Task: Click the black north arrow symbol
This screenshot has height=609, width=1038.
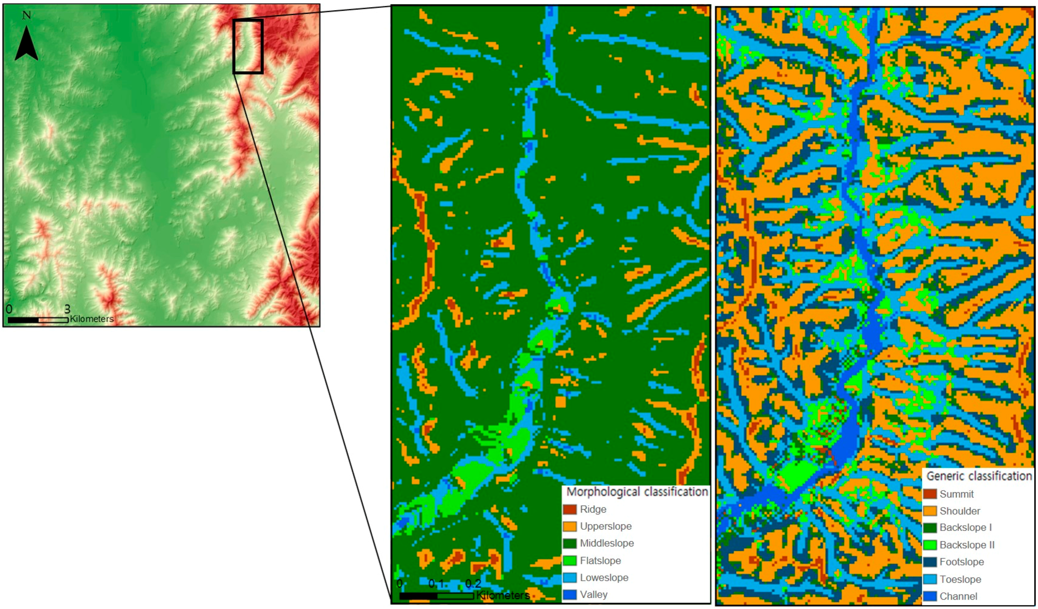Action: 26,44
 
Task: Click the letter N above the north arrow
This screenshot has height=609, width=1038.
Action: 26,16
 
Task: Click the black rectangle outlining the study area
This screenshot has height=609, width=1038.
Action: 248,46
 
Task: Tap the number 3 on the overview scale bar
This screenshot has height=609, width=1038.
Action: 67,309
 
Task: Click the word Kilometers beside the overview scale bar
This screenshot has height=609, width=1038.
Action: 91,319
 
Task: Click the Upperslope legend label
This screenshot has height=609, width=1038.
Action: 605,526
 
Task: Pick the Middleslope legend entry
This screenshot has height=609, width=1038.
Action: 606,543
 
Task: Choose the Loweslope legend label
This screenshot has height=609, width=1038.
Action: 604,577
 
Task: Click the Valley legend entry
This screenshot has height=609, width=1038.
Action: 594,594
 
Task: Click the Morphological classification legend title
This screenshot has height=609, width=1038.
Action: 637,492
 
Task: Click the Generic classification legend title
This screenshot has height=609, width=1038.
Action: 979,476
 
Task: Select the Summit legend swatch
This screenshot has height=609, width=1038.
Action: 930,494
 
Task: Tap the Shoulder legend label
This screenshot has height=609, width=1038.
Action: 959,511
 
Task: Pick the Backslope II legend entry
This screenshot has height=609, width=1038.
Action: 966,545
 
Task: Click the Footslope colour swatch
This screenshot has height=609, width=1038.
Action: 930,562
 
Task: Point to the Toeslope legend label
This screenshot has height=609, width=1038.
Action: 960,579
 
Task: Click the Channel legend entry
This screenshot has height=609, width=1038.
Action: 958,596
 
